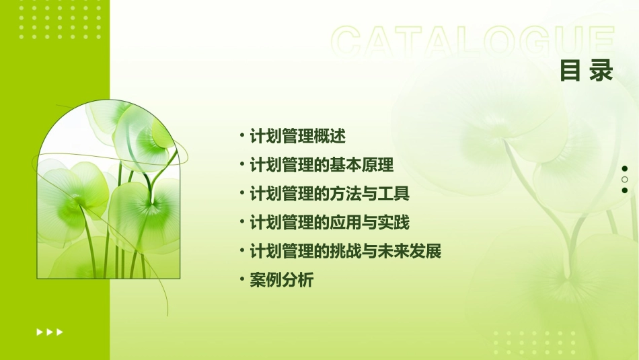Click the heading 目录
coord(587,71)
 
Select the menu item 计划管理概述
coord(297,136)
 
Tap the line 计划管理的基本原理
coord(321,165)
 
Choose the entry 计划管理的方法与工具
coord(329,194)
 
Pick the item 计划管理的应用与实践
coord(329,223)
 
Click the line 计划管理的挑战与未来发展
coord(345,252)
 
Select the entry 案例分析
coord(281,281)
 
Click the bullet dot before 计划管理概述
coord(242,136)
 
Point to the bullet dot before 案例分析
coord(242,280)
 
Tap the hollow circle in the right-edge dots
coord(625,180)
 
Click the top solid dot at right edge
coord(625,169)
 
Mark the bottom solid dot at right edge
coord(625,190)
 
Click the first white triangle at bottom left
coord(39,332)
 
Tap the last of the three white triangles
coord(60,332)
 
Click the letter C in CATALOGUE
coord(349,42)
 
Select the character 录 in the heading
coord(601,71)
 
